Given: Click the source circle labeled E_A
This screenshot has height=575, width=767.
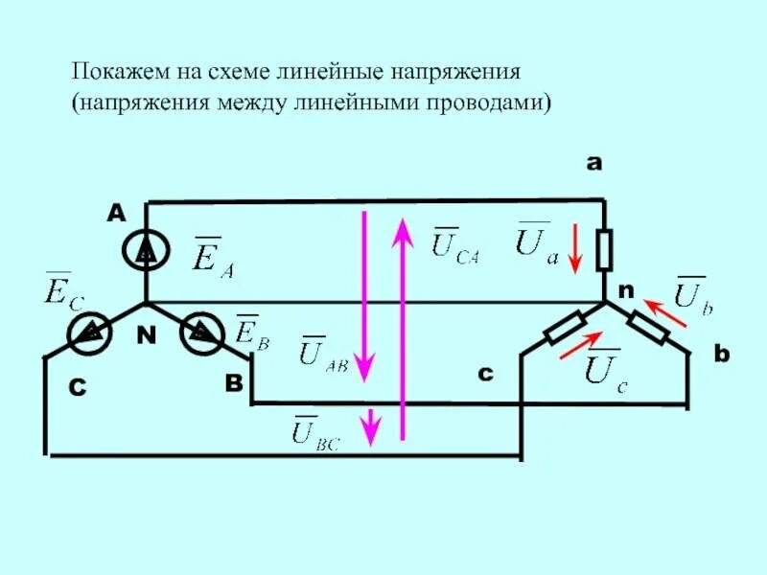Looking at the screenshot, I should pyautogui.click(x=146, y=252).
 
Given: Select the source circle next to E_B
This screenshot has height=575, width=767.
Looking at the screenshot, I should pyautogui.click(x=201, y=333).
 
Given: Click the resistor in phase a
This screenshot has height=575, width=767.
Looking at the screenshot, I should pyautogui.click(x=604, y=251).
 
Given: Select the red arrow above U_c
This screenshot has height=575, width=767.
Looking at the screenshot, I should pyautogui.click(x=581, y=346).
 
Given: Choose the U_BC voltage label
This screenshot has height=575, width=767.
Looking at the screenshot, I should pyautogui.click(x=315, y=431).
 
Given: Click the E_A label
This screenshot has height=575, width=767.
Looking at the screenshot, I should pyautogui.click(x=213, y=256).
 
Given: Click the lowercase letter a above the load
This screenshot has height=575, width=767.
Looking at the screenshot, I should pyautogui.click(x=593, y=164).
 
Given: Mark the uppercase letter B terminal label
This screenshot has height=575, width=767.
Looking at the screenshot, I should pyautogui.click(x=234, y=383).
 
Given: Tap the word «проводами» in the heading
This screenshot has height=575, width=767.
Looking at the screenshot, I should pyautogui.click(x=488, y=100).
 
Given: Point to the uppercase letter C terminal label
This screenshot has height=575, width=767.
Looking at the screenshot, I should pyautogui.click(x=78, y=388).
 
